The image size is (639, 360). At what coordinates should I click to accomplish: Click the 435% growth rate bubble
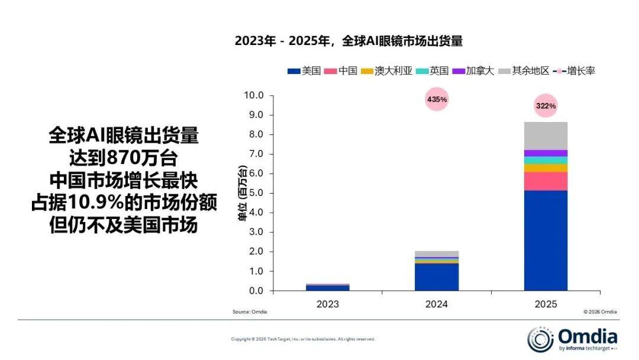[437, 99]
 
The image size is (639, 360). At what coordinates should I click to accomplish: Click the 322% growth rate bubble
[546, 106]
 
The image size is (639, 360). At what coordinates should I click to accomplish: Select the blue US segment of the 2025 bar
[546, 240]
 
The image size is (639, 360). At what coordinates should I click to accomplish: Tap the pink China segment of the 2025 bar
[546, 181]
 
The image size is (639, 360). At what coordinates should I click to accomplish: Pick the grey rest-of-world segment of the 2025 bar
[546, 136]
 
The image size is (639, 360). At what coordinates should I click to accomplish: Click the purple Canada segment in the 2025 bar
[546, 153]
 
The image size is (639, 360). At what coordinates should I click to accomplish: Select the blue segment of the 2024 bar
[437, 277]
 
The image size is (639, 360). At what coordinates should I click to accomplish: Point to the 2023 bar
[327, 287]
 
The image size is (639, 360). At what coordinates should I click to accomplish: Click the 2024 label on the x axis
[437, 304]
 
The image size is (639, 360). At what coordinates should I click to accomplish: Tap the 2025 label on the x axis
[546, 304]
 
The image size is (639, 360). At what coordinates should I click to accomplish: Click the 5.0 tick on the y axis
[256, 193]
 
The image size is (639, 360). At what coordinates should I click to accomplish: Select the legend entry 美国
[304, 71]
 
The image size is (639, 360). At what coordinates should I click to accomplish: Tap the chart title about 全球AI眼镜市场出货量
[348, 41]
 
